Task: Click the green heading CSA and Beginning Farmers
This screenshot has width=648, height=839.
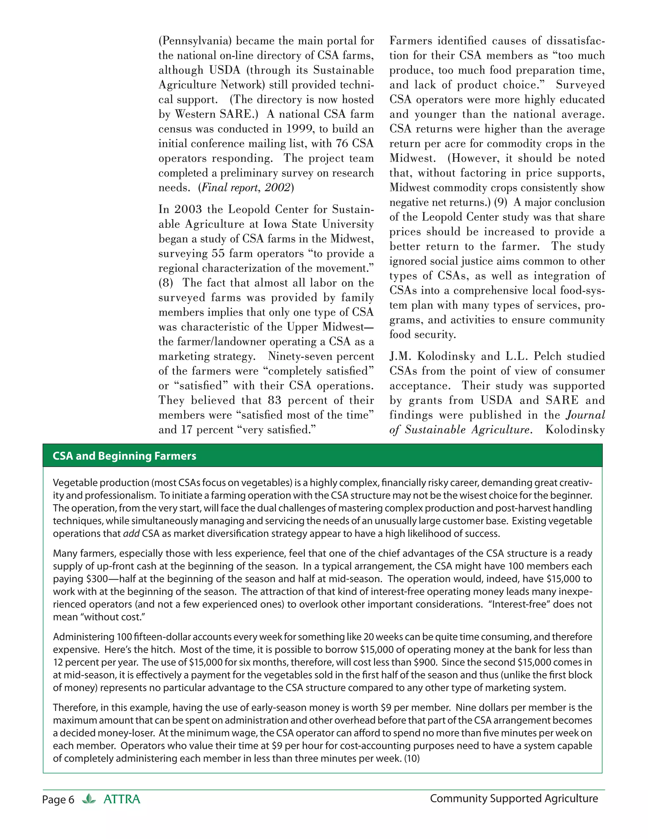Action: click(x=124, y=456)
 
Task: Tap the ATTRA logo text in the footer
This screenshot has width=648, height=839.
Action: click(x=122, y=799)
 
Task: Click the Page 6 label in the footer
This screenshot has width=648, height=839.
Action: click(x=58, y=800)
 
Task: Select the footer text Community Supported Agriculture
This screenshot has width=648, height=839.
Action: click(x=514, y=799)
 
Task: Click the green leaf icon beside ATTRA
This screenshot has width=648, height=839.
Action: click(x=89, y=799)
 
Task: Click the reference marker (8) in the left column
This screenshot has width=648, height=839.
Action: click(x=166, y=283)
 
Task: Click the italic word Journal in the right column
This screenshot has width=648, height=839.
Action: click(x=585, y=415)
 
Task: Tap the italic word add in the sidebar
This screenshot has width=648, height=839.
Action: click(x=131, y=533)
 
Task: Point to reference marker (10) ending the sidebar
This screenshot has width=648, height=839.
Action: click(x=412, y=759)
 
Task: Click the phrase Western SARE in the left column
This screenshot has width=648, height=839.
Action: click(x=216, y=114)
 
